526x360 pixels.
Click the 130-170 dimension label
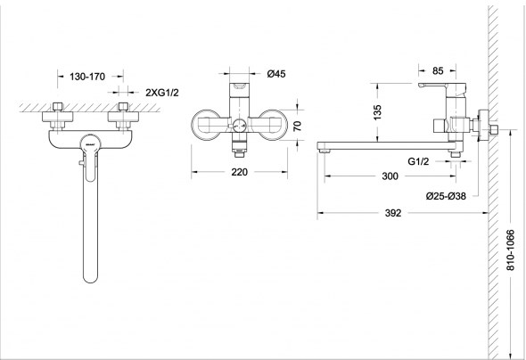87,77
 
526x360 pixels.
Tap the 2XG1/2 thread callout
162,93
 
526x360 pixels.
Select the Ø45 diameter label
276,74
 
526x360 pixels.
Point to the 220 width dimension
240,172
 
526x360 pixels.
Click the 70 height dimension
297,126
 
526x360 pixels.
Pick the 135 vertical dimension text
377,112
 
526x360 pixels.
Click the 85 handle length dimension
438,70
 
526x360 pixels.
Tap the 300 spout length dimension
390,176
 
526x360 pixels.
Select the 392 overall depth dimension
393,213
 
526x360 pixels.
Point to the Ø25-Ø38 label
446,196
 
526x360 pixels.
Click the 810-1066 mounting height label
510,250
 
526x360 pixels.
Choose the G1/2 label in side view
418,161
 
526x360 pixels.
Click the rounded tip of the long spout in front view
90,279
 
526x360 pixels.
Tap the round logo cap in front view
90,143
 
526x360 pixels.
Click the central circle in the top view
239,126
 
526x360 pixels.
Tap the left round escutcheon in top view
207,125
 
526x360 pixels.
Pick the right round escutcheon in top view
273,125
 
